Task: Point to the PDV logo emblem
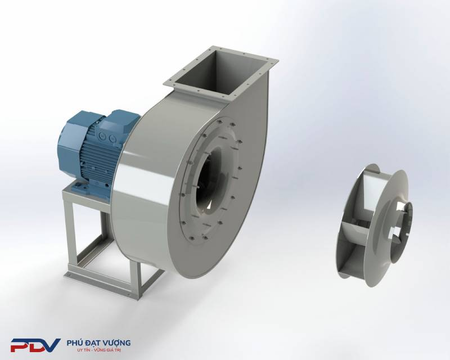tap(35, 345)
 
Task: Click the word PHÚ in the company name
tap(74, 343)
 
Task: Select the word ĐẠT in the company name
tap(90, 343)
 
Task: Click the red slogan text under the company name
tap(99, 350)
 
